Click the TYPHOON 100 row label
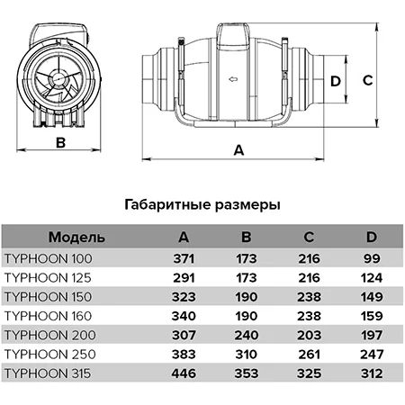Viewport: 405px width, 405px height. coord(49,258)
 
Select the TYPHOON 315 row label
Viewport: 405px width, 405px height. coord(48,373)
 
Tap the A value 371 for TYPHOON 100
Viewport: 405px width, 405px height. coord(184,258)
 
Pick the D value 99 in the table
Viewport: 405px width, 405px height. coord(372,258)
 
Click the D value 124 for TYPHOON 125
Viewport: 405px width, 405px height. coord(372,278)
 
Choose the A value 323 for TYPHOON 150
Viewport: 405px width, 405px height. coord(184,297)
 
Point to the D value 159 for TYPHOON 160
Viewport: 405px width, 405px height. coord(372,316)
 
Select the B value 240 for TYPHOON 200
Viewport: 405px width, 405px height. coord(247,335)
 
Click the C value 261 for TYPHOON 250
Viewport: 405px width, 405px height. coord(309,355)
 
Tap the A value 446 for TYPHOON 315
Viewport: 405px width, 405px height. coord(184,373)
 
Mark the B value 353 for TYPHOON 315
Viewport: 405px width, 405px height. coord(247,373)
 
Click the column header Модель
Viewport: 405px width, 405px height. coord(76,237)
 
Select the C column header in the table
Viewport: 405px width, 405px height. coord(309,237)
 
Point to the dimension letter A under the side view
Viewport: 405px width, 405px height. coord(238,150)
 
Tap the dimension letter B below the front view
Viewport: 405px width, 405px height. coord(60,142)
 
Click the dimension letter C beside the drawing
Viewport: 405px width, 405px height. coord(368,80)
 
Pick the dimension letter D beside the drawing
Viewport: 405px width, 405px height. coord(336,81)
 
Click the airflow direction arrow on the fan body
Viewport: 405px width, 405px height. coord(233,79)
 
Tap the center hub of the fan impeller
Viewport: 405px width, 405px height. coord(58,79)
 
